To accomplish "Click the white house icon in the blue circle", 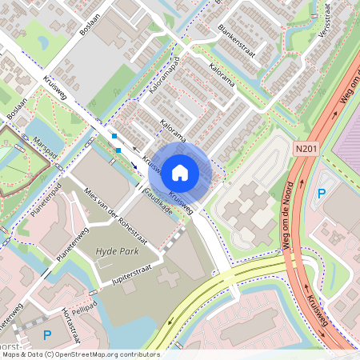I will click(x=180, y=171).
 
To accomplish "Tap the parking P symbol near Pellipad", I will click(x=46, y=334).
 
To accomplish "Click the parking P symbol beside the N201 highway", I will click(x=322, y=193).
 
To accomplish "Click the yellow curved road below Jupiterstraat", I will click(x=200, y=299).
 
